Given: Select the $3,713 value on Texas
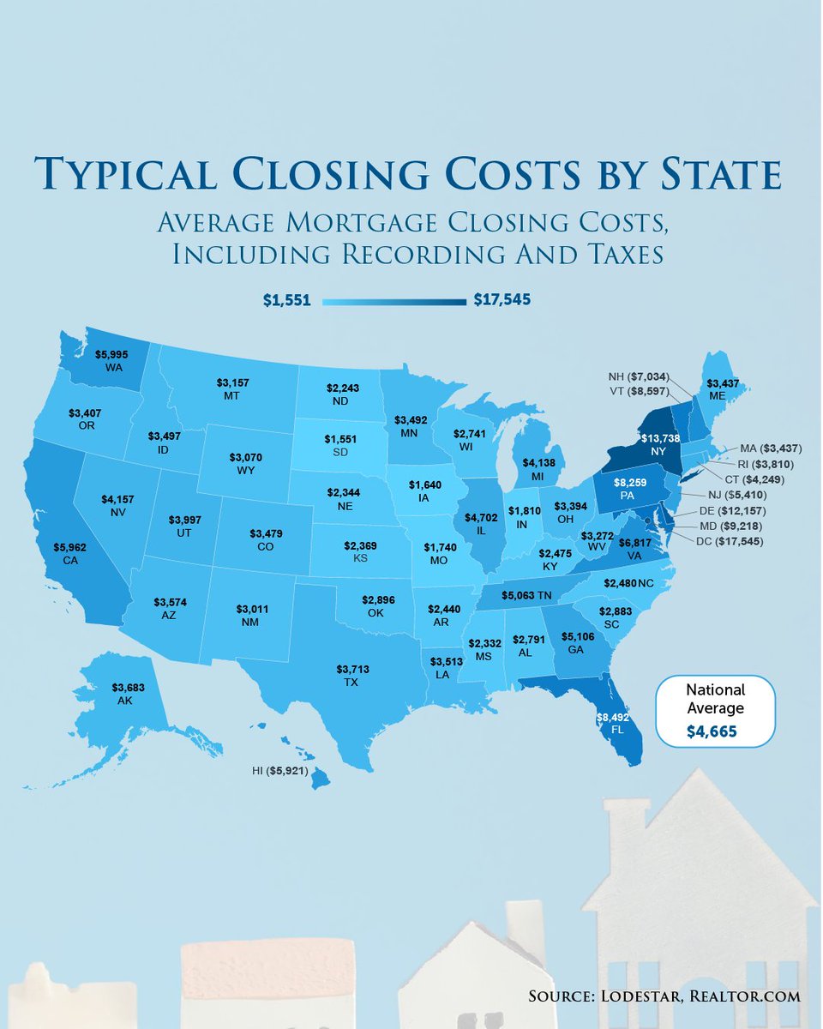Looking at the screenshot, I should (351, 670).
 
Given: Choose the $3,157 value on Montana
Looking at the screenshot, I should (232, 382).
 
